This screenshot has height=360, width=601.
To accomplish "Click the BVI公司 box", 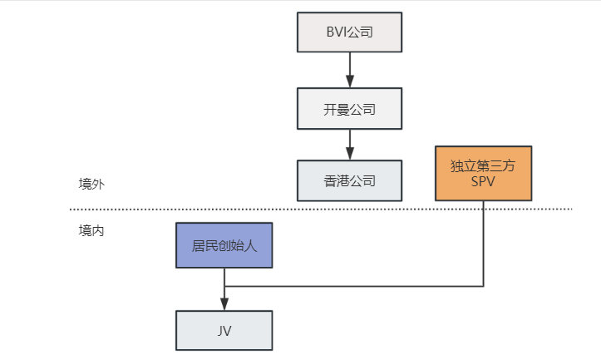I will point(349,32).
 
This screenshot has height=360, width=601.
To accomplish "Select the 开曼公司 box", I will point(349,108).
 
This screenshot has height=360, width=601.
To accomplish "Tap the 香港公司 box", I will point(349,180).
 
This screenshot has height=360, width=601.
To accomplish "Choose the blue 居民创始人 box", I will point(224,245).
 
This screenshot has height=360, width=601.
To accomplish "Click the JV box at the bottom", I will point(224,330).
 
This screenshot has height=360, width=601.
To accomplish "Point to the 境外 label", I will point(91,184).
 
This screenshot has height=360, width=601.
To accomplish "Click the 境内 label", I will point(91,230).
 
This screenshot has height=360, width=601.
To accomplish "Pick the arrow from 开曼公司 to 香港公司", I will point(350,144).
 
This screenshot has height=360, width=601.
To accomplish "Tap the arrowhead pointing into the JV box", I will point(224,304).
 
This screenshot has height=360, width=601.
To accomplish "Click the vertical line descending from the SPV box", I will point(483,241).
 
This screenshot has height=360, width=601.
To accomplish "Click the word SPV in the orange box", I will point(482,181).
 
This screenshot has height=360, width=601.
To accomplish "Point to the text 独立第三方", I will point(482,165).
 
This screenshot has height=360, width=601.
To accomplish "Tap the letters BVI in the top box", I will point(337,32).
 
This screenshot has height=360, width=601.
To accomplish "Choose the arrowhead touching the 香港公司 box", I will point(350,155).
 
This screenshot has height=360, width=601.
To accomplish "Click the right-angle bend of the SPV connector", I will point(483,286).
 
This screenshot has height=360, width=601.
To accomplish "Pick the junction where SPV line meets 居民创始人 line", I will point(224,286).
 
